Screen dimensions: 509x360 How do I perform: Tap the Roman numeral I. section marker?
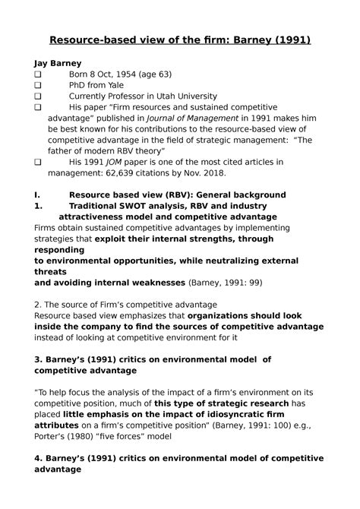38,195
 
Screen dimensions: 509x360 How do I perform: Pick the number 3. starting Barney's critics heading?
39,359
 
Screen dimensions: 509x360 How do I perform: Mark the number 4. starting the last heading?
39,458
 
